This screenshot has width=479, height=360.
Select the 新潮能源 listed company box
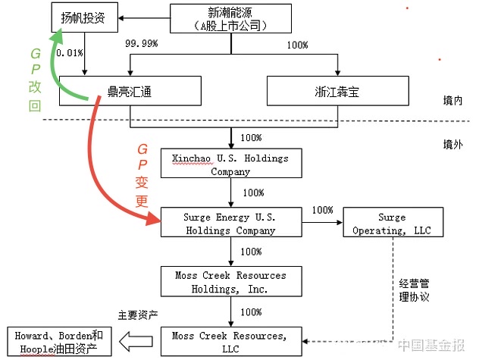[227, 19]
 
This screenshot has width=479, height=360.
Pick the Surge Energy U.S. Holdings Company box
[230, 224]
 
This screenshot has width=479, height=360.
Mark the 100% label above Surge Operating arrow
[323, 210]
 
